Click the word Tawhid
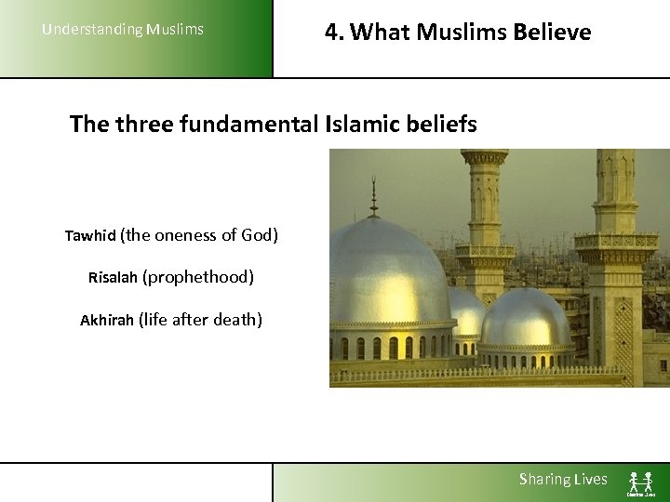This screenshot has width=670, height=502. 89,236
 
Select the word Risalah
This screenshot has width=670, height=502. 113,278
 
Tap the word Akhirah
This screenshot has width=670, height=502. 106,321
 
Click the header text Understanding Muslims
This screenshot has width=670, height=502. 123,29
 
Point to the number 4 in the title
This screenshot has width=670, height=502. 331,33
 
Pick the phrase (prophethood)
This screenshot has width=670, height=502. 197,277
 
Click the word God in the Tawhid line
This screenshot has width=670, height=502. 258,235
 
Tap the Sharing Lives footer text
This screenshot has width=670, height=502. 563,480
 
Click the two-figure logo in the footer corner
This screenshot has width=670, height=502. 641,482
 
